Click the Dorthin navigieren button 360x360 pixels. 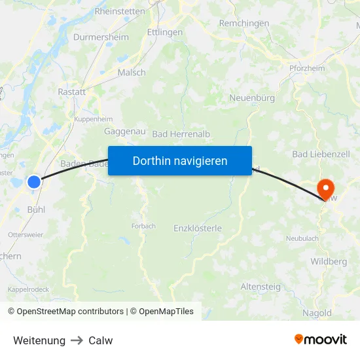tap(180, 160)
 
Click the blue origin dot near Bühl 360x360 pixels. tap(34, 182)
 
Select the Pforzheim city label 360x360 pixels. tap(307, 68)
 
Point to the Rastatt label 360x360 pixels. tap(72, 92)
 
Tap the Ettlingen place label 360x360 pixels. tap(165, 31)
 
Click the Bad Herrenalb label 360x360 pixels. tap(181, 134)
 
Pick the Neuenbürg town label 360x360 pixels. tap(251, 98)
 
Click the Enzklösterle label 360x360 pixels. tap(198, 228)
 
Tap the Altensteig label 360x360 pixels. tap(261, 287)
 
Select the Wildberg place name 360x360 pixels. tap(329, 262)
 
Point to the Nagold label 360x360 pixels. tap(316, 313)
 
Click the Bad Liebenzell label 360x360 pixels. tap(321, 154)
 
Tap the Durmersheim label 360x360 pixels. tap(101, 37)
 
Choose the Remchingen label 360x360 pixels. tap(243, 23)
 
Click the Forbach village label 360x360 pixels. tap(143, 226)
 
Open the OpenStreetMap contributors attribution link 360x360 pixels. tap(70, 312)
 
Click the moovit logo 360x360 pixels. tap(321, 339)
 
